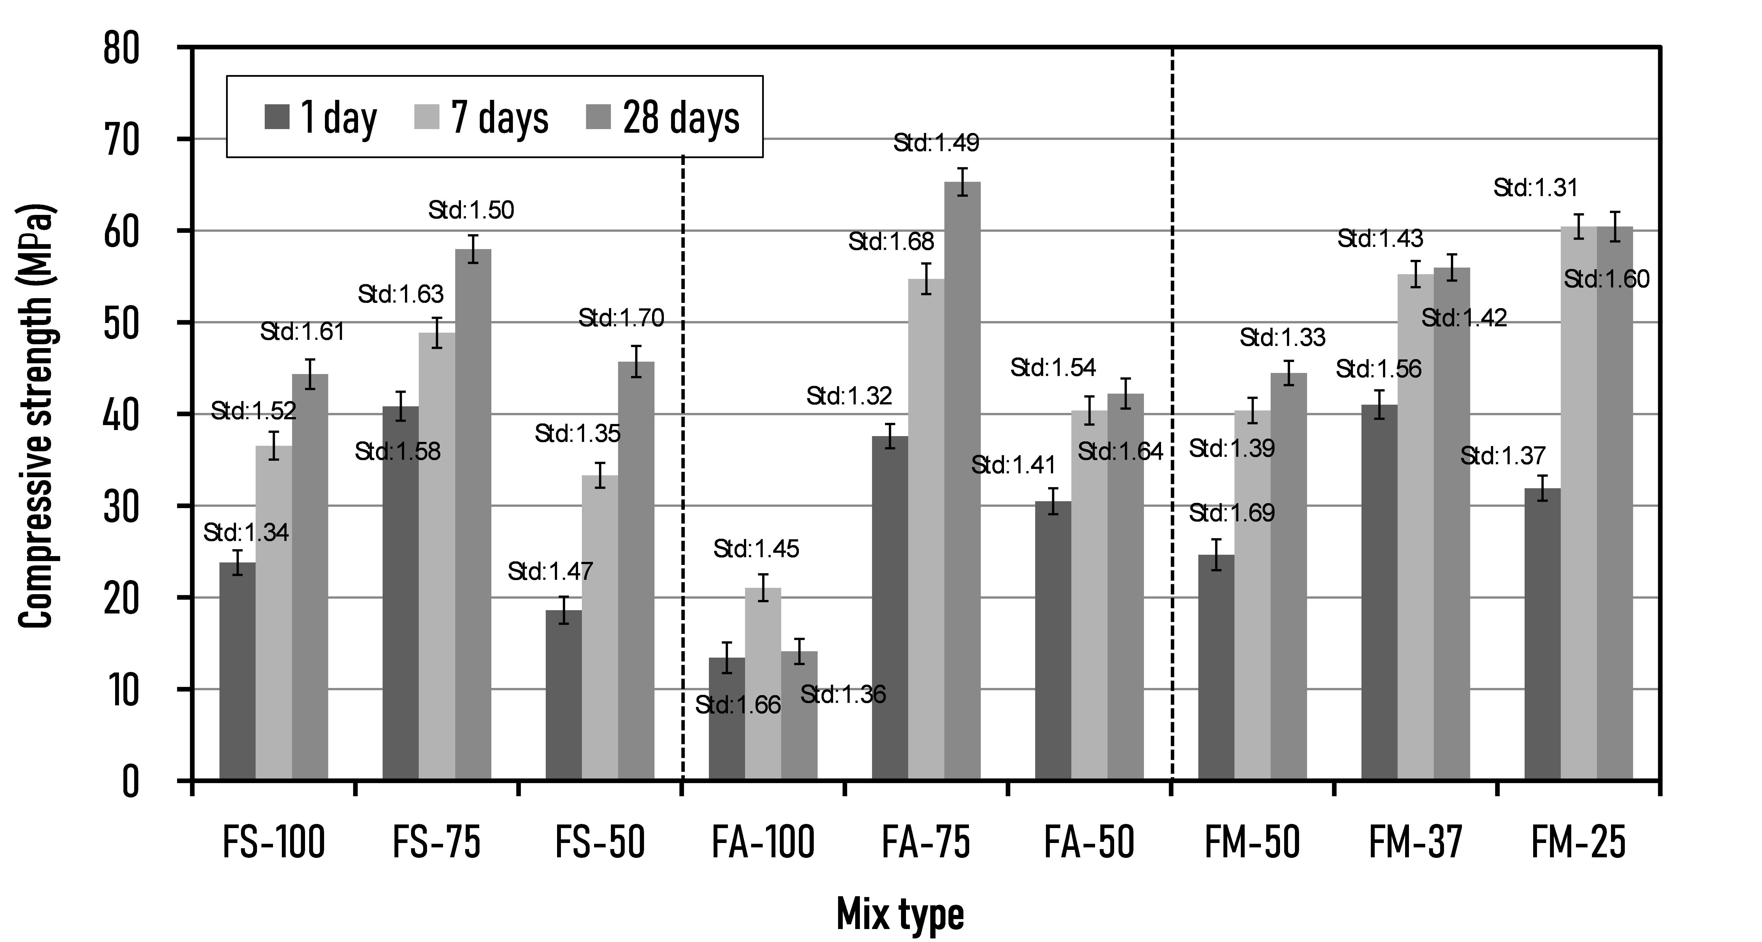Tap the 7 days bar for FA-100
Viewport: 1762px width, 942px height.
[763, 684]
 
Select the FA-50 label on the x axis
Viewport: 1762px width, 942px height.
[1089, 842]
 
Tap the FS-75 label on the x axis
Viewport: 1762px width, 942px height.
[436, 842]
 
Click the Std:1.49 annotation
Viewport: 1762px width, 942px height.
[936, 143]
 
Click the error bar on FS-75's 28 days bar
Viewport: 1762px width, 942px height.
[473, 249]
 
